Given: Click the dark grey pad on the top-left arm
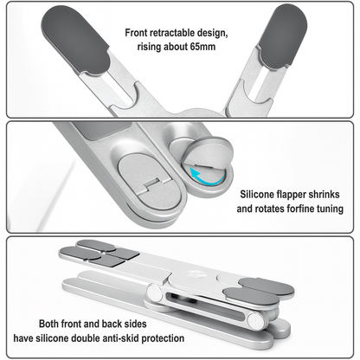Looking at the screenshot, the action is pyautogui.click(x=75, y=41).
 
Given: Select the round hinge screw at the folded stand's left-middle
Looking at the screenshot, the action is pyautogui.click(x=154, y=292).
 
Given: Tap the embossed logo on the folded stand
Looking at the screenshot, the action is pyautogui.click(x=192, y=273).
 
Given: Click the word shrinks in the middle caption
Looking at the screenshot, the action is pyautogui.click(x=324, y=194).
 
